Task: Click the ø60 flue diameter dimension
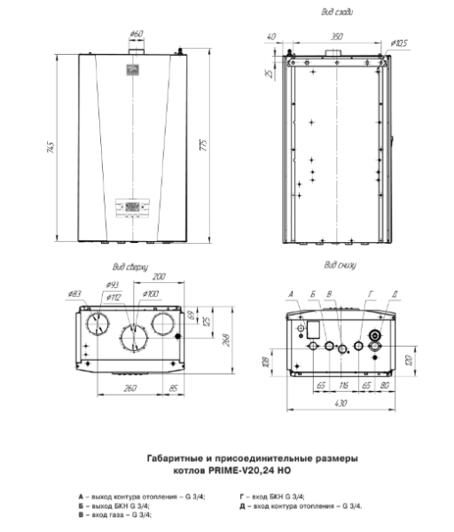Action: point(136,34)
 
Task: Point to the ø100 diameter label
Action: point(150,293)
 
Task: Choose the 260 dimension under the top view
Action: point(105,388)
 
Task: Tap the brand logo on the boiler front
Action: point(136,69)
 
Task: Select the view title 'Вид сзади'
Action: point(337,13)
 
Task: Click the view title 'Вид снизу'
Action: point(340,263)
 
